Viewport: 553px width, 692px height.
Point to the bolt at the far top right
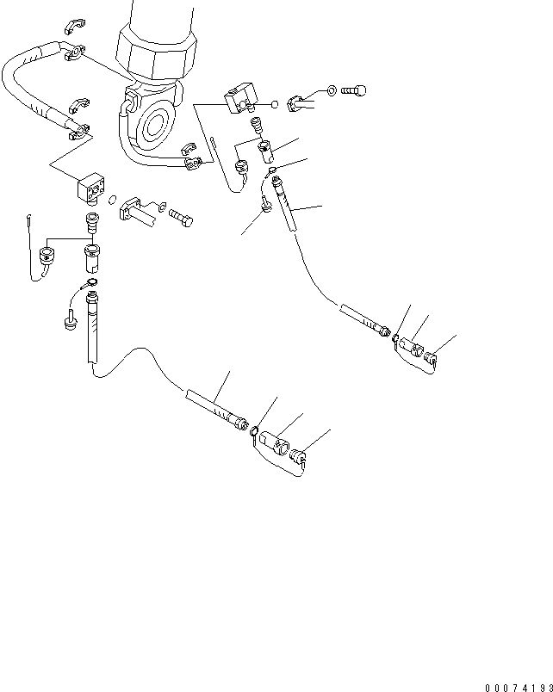354,89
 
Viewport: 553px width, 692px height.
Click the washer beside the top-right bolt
332,89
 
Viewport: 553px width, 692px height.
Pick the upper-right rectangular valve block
239,98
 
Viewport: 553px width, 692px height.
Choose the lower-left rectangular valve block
90,188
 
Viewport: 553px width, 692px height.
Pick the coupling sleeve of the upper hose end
412,347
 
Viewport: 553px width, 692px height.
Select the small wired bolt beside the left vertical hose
66,323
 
